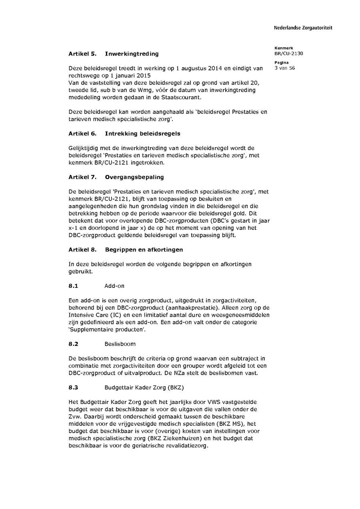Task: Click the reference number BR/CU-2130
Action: pos(288,54)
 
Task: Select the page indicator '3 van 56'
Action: pos(285,68)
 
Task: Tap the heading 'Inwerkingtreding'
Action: pos(132,54)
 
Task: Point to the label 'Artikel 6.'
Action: pos(82,134)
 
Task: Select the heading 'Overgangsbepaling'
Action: pos(134,177)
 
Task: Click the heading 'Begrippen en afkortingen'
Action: pos(144,250)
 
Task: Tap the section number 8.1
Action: pos(73,286)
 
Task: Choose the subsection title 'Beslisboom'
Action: pos(120,344)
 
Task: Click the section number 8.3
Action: pos(73,387)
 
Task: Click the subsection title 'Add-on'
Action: pos(114,286)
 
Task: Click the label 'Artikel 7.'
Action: pos(82,177)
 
